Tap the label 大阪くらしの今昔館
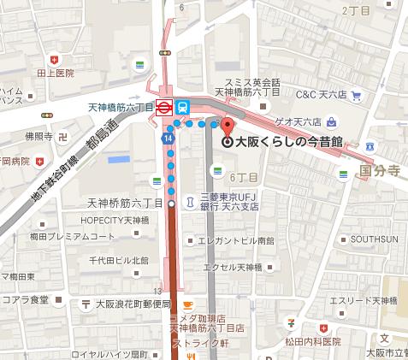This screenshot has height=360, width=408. [x=288, y=143]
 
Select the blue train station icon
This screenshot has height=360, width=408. [x=183, y=107]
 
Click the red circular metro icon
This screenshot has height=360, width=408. [x=161, y=107]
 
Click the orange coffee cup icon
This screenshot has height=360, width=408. [x=186, y=305]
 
